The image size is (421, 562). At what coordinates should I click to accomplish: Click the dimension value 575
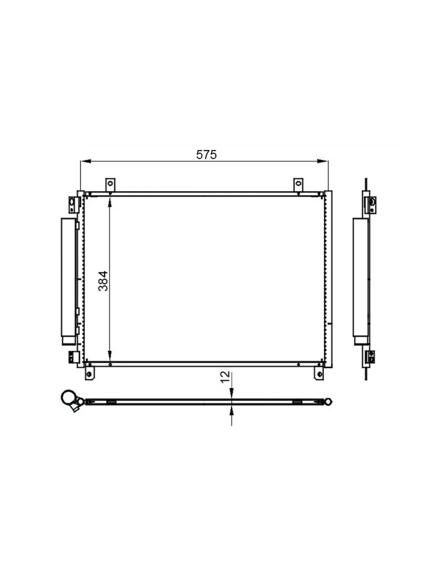point(206,155)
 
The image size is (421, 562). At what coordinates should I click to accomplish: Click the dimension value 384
point(103,281)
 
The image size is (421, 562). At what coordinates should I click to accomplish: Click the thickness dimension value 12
point(225,377)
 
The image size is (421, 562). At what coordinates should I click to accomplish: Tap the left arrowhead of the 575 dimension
point(86,161)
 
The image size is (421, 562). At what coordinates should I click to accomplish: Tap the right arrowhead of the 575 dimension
point(323,161)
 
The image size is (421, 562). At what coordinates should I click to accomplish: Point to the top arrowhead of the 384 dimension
point(110,202)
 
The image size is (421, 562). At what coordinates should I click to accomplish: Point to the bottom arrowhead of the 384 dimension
point(110,355)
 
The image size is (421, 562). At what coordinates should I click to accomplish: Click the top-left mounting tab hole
point(110,183)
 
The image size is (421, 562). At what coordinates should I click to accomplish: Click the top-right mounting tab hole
point(298,183)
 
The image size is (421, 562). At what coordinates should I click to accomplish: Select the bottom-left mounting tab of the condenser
point(89,374)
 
